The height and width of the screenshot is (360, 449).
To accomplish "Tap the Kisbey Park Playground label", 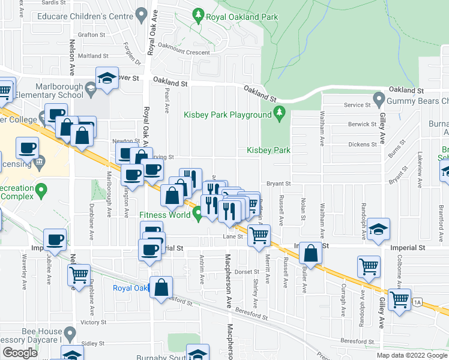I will click(x=228, y=115).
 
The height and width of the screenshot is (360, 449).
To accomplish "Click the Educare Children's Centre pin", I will click(x=142, y=13).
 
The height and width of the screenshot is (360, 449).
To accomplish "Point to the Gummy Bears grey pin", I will click(x=378, y=97).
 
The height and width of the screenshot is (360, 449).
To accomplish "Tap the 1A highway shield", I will click(x=417, y=303).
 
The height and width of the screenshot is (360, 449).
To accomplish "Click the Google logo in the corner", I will click(x=20, y=353).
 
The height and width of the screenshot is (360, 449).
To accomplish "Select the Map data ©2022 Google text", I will click(x=411, y=355).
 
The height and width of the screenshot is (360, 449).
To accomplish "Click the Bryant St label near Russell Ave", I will click(x=279, y=184).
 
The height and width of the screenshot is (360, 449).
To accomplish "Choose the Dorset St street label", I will click(x=246, y=271).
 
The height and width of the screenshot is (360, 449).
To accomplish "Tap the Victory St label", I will click(x=94, y=322).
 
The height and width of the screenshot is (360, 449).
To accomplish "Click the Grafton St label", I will click(x=91, y=35).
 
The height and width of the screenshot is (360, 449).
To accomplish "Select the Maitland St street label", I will click(x=93, y=56).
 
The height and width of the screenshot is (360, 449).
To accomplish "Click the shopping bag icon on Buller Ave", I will click(x=312, y=254).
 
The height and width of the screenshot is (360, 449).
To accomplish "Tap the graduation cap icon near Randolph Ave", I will click(x=378, y=230).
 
